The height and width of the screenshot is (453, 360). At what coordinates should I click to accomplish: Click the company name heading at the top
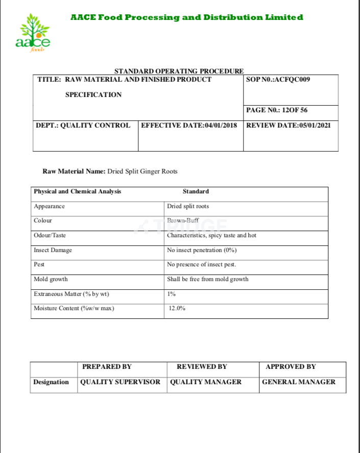(x=186, y=17)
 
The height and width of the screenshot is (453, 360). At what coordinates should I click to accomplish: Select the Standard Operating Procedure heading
(x=179, y=71)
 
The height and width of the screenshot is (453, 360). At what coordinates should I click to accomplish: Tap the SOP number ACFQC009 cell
(x=278, y=80)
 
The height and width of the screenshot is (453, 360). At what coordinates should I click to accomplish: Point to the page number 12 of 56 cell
(x=277, y=110)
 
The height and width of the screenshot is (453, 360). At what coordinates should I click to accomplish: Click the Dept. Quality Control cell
(x=83, y=125)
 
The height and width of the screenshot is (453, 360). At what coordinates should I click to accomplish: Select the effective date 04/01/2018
(x=189, y=125)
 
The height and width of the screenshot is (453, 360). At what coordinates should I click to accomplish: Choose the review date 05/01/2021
(x=289, y=125)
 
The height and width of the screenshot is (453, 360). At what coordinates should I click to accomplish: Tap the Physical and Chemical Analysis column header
(x=77, y=192)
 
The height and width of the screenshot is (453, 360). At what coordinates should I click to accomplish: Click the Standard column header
(x=196, y=192)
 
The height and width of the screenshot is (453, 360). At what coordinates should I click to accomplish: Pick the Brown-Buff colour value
(x=184, y=221)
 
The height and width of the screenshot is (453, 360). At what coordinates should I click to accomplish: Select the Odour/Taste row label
(x=50, y=236)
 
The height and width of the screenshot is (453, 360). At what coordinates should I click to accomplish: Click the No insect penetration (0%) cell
(x=202, y=250)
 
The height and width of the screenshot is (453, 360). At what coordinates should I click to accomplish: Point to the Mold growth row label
(x=51, y=280)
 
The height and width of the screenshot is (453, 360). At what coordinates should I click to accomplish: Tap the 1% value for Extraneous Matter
(x=171, y=294)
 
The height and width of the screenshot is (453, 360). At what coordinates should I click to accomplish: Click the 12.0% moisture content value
(x=177, y=309)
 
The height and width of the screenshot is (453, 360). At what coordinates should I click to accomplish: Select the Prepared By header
(x=107, y=367)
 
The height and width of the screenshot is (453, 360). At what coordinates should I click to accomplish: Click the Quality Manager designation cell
(x=206, y=382)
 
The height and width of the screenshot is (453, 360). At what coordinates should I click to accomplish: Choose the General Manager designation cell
(x=299, y=382)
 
